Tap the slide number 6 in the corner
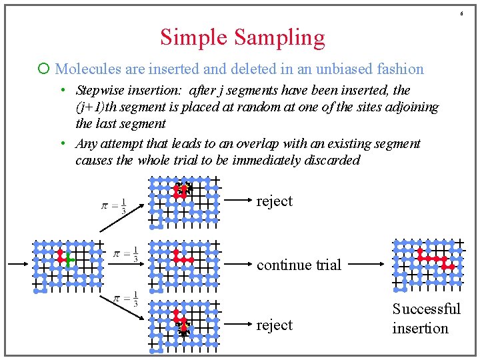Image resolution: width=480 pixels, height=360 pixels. tap(461, 14)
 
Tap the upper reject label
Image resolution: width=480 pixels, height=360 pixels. tap(274, 201)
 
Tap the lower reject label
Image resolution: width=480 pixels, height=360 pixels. tap(274, 325)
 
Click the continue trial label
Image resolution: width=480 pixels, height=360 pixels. tap(299, 265)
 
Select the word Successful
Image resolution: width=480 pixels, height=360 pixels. tap(426, 309)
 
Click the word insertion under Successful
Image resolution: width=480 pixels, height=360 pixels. tap(420, 328)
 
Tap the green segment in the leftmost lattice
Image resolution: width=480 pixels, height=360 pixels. tap(68, 260)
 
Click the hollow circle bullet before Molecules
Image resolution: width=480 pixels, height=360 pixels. tap(44, 69)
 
